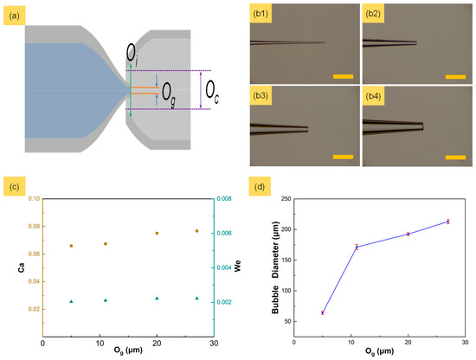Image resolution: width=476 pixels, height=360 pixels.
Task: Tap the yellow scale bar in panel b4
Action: click(x=456, y=157)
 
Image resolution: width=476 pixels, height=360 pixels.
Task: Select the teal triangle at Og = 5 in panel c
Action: click(x=71, y=301)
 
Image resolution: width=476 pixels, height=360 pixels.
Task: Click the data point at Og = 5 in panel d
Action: click(x=322, y=312)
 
